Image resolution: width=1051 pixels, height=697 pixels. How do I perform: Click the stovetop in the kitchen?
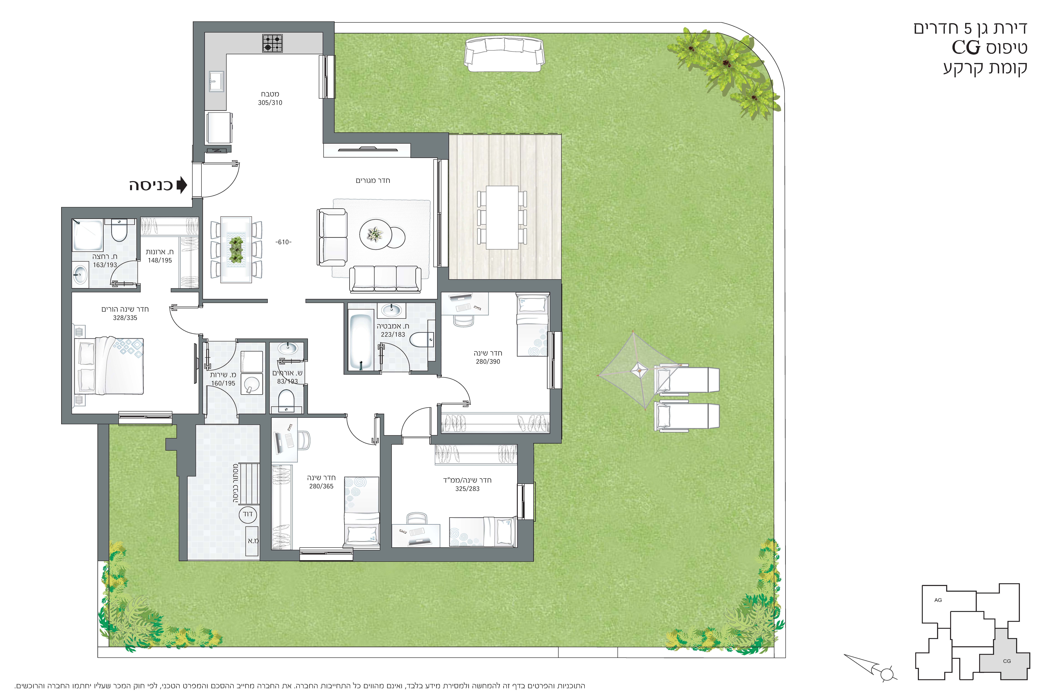(272, 44)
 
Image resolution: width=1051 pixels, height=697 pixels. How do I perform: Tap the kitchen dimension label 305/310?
(270, 103)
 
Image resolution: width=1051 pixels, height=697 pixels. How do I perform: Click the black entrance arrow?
(182, 185)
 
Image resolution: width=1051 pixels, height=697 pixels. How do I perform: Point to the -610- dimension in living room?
(283, 242)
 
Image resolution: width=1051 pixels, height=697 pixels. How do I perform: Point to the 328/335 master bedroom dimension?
(125, 318)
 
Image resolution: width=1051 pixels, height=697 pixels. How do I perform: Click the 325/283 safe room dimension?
(467, 489)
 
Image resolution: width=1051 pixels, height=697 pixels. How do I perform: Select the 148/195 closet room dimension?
(160, 260)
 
